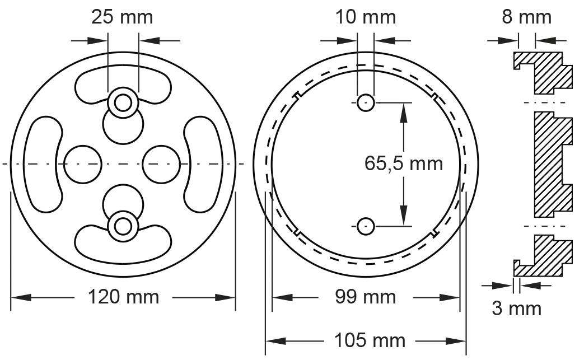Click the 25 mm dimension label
click(x=122, y=17)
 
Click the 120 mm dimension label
click(x=123, y=296)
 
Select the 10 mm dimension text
click(x=366, y=17)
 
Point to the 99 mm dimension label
click(x=366, y=296)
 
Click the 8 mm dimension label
click(x=526, y=17)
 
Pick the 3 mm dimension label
click(x=517, y=307)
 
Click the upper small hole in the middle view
click(x=366, y=102)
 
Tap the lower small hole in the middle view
click(x=366, y=226)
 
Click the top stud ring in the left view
click(x=123, y=101)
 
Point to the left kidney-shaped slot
click(x=42, y=163)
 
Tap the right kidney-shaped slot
click(x=203, y=163)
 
